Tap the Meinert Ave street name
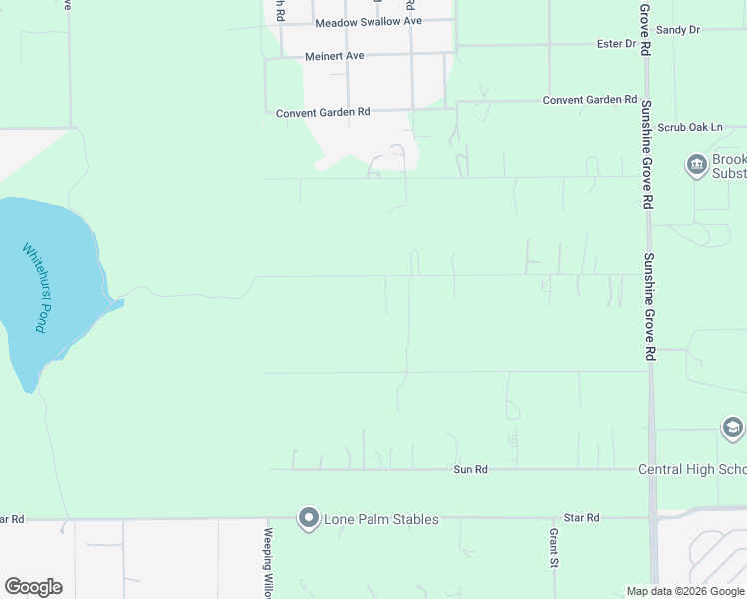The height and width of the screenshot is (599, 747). (x=335, y=56)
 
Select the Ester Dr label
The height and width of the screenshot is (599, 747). (x=616, y=44)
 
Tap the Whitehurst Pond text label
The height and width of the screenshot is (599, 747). (x=35, y=288)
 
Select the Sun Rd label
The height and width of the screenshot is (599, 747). (x=470, y=469)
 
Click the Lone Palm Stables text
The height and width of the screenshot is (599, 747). (x=380, y=519)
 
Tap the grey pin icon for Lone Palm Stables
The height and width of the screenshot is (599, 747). (x=308, y=518)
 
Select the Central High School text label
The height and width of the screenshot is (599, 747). (x=692, y=469)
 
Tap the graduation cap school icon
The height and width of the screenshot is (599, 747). (x=732, y=428)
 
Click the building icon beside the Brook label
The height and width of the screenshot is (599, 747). (x=696, y=164)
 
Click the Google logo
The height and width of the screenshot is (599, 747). (x=33, y=587)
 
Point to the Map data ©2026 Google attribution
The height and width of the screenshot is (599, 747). (x=685, y=591)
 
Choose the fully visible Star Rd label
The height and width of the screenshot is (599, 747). (x=581, y=518)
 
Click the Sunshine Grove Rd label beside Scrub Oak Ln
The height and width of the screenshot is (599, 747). (x=647, y=154)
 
